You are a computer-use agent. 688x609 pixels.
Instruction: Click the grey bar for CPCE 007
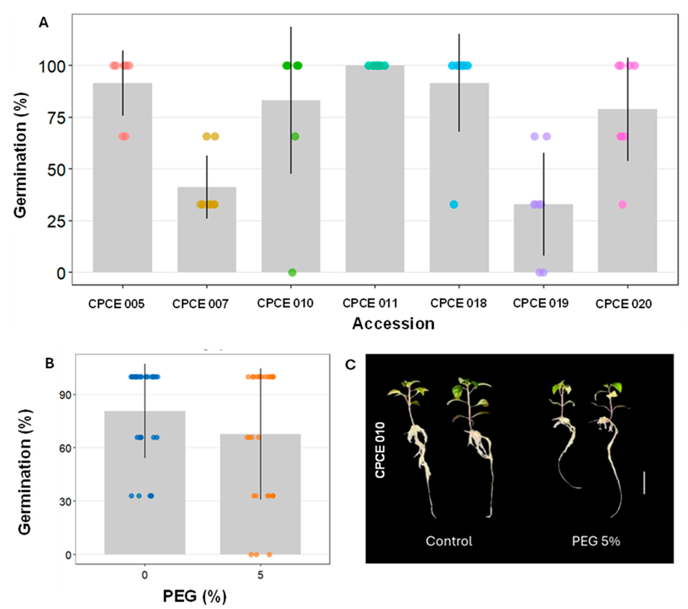(207, 236)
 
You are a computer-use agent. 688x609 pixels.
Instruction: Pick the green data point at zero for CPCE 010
(292, 272)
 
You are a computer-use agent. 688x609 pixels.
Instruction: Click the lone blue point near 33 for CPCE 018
(454, 204)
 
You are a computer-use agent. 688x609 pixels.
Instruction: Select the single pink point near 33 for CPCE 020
(622, 204)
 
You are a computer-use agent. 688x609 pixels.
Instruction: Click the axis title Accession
(393, 324)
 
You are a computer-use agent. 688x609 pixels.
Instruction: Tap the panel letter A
(44, 23)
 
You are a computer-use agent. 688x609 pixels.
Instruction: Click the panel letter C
(350, 365)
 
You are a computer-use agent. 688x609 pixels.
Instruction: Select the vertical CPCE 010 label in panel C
(380, 450)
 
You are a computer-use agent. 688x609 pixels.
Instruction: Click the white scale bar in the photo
(644, 483)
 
